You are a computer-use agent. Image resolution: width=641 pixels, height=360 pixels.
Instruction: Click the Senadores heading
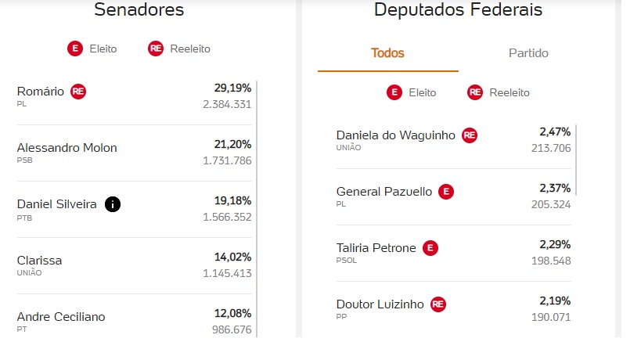pyautogui.click(x=139, y=10)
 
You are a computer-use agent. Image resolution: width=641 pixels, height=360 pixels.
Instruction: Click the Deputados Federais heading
pyautogui.click(x=458, y=10)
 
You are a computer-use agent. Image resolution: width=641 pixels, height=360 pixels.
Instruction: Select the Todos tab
pyautogui.click(x=387, y=53)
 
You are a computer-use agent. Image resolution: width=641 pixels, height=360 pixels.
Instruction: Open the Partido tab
pyautogui.click(x=528, y=53)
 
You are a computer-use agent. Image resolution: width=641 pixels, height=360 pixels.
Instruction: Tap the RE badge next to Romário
pyautogui.click(x=78, y=92)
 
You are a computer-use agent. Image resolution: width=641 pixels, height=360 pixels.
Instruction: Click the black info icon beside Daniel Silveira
pyautogui.click(x=113, y=204)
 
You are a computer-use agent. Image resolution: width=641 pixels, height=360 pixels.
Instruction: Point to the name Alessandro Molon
pyautogui.click(x=67, y=148)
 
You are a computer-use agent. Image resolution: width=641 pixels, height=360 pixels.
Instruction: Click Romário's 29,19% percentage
pyautogui.click(x=232, y=88)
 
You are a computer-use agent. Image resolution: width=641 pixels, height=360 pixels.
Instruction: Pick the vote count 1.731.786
pyautogui.click(x=227, y=160)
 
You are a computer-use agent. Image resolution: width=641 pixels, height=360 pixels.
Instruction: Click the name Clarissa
pyautogui.click(x=39, y=261)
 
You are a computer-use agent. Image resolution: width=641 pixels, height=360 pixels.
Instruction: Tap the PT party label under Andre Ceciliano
pyautogui.click(x=22, y=329)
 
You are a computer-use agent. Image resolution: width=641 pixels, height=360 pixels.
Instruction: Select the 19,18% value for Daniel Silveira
pyautogui.click(x=232, y=200)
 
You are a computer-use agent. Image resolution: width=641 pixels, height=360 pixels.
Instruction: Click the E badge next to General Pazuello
pyautogui.click(x=446, y=192)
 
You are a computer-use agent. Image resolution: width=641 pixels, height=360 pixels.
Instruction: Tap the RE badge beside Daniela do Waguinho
pyautogui.click(x=470, y=135)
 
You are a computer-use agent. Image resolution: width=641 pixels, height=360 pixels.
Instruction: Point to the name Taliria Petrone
pyautogui.click(x=376, y=248)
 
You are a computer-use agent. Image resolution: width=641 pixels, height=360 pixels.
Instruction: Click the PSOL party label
pyautogui.click(x=346, y=261)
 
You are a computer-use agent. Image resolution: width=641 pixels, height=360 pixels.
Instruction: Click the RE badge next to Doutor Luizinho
pyautogui.click(x=438, y=304)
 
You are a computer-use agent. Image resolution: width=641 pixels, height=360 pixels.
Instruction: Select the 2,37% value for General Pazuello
pyautogui.click(x=554, y=188)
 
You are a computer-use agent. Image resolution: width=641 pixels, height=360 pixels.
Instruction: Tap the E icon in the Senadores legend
pyautogui.click(x=75, y=49)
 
